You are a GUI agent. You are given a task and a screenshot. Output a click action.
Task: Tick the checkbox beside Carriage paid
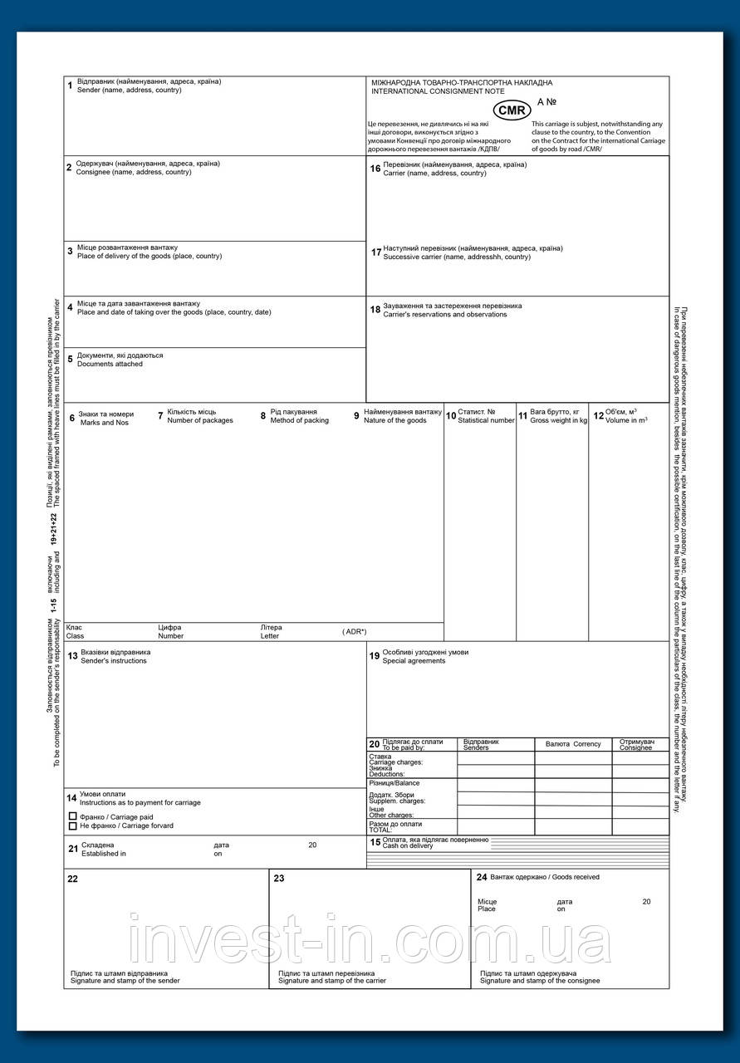coord(73,816)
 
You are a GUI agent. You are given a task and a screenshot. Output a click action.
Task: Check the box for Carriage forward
coord(73,826)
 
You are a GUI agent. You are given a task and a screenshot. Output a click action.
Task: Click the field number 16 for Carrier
coord(375,169)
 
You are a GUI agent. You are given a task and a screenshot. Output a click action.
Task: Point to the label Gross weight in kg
coord(558,421)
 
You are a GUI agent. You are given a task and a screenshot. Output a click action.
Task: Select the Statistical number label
coord(486,421)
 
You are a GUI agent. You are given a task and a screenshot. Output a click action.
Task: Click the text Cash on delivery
coord(407,846)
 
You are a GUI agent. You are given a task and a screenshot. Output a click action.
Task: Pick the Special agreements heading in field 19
coord(414,661)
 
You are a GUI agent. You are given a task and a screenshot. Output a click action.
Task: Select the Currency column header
coord(586,744)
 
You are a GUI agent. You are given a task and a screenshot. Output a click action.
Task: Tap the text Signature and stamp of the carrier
coord(326,981)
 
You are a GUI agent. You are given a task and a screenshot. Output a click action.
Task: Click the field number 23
coord(279,878)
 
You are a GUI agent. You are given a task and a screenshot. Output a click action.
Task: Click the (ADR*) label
coord(354,632)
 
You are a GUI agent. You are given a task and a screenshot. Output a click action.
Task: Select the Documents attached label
coord(110,364)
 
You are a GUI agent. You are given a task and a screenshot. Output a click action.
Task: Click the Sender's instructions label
coord(113,661)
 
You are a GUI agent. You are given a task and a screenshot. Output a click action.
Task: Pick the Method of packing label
coord(299,421)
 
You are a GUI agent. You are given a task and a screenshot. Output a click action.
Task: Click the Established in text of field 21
coord(104,854)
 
